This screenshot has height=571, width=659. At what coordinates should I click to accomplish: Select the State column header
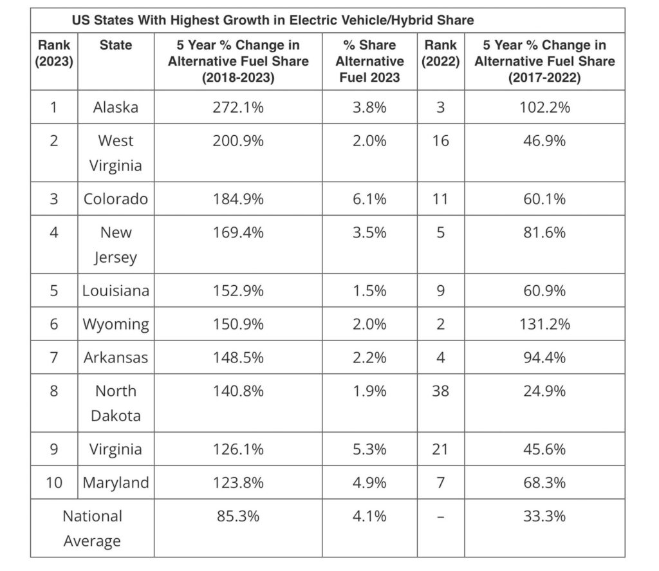[x=116, y=46]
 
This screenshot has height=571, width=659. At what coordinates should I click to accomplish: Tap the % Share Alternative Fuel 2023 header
[x=369, y=61]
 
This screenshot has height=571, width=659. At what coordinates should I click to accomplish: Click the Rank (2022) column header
[x=440, y=53]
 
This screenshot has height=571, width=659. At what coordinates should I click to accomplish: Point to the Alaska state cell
[x=116, y=107]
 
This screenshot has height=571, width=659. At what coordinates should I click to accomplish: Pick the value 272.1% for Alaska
[x=238, y=107]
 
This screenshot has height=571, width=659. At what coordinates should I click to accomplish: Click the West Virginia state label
[x=116, y=153]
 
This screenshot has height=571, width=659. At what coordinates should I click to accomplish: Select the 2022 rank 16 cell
[x=440, y=140]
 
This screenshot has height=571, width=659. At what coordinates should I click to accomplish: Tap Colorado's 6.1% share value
[x=369, y=199]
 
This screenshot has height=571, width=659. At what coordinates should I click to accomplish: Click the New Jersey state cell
[x=116, y=245]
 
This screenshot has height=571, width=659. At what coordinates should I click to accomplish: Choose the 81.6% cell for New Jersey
[x=544, y=232]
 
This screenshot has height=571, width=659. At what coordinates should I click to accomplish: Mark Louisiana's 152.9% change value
[x=238, y=290]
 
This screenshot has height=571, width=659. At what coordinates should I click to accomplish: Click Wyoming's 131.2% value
[x=544, y=324]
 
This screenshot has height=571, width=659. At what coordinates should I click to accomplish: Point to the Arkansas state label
[x=116, y=357]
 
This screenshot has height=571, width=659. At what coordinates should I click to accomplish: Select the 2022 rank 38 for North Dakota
[x=440, y=391]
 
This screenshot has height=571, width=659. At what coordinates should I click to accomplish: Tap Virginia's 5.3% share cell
[x=369, y=449]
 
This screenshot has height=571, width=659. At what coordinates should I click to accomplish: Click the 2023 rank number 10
[x=54, y=482]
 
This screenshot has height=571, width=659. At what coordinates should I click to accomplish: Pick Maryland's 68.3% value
[x=544, y=482]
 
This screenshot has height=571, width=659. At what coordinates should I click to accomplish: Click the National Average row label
[x=92, y=529]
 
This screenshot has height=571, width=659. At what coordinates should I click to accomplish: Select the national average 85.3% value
[x=238, y=516]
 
